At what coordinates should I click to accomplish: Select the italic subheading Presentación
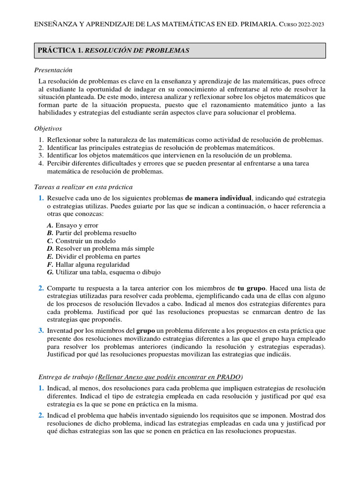(53, 70)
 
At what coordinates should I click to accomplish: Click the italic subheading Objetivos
(48, 128)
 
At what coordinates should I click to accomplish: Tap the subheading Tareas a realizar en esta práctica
(83, 187)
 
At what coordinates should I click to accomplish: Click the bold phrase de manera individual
(219, 198)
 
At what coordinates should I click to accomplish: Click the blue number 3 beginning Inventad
(41, 331)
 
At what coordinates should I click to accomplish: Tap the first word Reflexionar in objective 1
(66, 140)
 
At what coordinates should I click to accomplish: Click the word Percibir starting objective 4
(59, 163)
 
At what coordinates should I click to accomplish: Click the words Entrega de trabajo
(66, 377)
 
